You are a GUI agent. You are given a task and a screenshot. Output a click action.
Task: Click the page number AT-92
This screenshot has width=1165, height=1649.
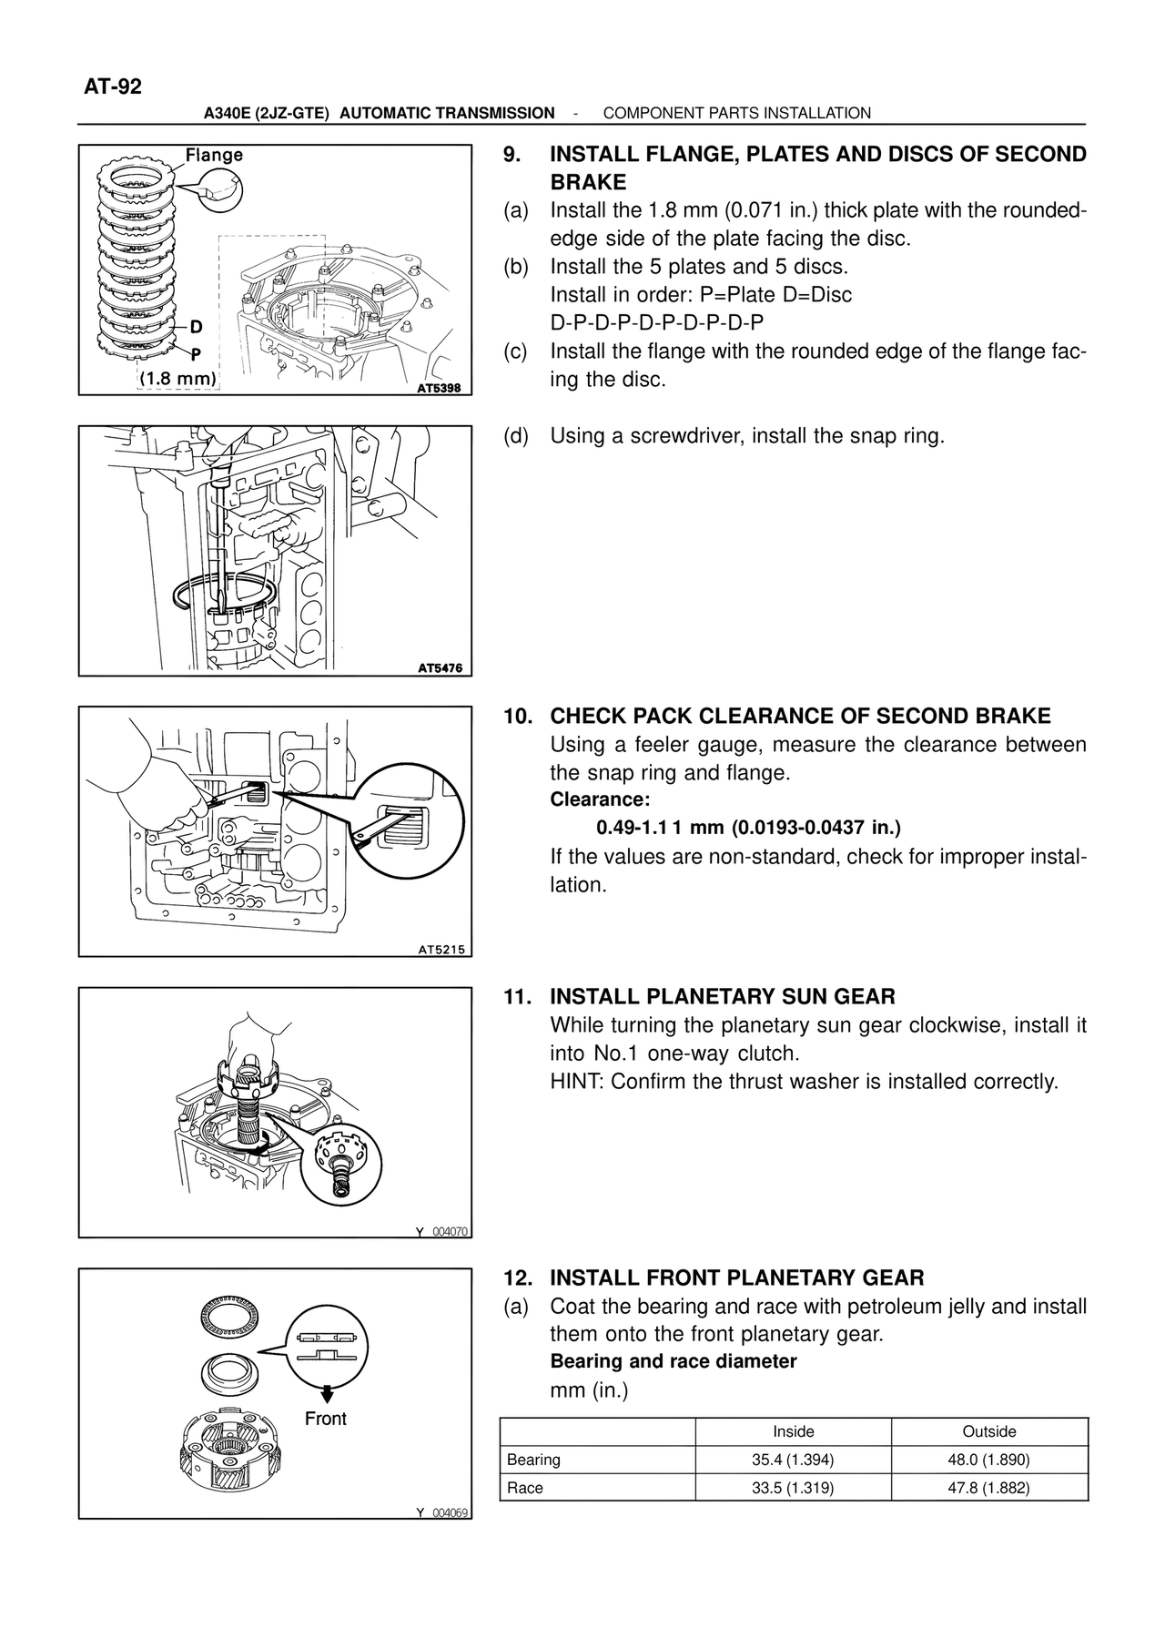tap(113, 87)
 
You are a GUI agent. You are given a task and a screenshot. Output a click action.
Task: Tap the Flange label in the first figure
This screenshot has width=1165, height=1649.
tap(214, 155)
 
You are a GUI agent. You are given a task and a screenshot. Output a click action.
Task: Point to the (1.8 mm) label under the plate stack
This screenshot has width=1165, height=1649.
tap(177, 378)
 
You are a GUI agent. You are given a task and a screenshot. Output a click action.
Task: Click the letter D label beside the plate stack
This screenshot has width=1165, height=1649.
tap(196, 326)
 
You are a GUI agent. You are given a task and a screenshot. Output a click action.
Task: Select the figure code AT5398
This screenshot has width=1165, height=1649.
tap(439, 388)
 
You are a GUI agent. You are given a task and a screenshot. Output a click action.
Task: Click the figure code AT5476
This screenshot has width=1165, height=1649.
tap(439, 667)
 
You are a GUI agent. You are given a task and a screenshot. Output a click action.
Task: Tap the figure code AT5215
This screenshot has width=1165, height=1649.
tap(441, 949)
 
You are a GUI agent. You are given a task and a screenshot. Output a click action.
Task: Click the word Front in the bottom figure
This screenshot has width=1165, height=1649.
tap(325, 1419)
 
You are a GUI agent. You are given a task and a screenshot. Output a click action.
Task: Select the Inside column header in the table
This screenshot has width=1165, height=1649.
tap(793, 1431)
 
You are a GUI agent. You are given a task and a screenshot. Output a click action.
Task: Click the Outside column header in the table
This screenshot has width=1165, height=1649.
tap(988, 1431)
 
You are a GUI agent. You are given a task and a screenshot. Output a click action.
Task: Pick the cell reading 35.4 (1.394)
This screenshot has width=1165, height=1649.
tap(793, 1460)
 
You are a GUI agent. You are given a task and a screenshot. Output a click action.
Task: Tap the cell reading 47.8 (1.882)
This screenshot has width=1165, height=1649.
tap(988, 1488)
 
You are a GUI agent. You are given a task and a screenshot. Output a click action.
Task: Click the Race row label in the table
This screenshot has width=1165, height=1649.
tap(525, 1488)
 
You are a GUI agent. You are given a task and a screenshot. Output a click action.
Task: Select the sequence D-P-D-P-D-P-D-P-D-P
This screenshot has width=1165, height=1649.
tap(656, 322)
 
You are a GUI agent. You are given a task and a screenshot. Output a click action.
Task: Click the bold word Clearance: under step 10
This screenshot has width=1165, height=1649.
tap(600, 799)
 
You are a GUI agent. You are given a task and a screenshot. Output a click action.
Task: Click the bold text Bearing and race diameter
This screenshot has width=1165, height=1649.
tap(673, 1361)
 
